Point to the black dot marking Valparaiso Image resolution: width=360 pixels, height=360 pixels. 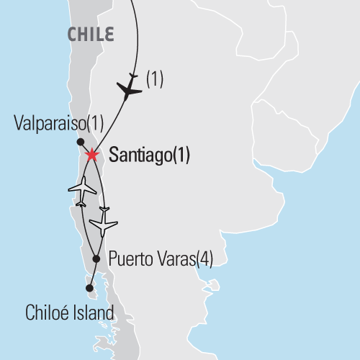click(x=80, y=142)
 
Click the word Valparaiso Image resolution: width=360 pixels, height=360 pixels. click(x=47, y=124)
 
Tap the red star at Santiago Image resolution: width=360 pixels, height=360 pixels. click(x=91, y=155)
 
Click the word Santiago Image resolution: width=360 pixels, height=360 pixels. click(x=136, y=154)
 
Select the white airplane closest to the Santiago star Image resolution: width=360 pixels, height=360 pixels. click(x=82, y=190)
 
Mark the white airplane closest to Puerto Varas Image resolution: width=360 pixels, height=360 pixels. click(x=105, y=223)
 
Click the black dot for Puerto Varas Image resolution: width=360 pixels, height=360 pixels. click(x=96, y=258)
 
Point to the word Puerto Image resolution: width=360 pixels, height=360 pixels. click(x=127, y=259)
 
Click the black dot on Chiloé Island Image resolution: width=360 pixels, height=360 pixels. click(x=89, y=289)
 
